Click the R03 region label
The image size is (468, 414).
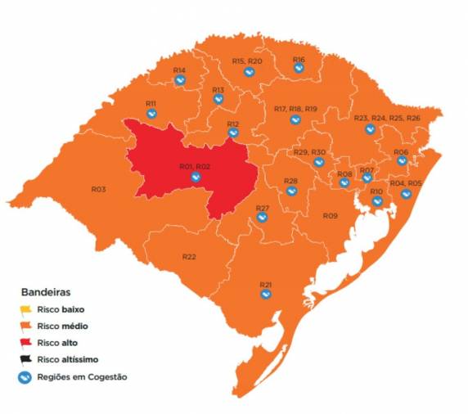pos(98,189)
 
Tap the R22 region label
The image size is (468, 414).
pos(189,256)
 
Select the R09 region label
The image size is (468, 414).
pos(330,215)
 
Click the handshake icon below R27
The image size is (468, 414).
pos(262,219)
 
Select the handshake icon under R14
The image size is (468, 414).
pos(180,80)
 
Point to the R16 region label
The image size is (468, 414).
pos(299,60)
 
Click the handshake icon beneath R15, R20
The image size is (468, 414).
pos(246,72)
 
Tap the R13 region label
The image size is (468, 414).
pos(218,89)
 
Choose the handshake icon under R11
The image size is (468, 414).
pos(151,114)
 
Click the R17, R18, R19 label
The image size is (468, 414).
pos(295,109)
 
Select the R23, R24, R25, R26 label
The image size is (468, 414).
pos(387,118)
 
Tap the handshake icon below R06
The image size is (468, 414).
pos(402,161)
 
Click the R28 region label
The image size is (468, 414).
pos(290,180)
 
